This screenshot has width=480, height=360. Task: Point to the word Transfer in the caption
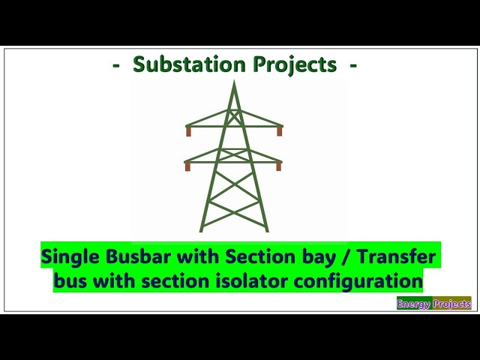(x=395, y=256)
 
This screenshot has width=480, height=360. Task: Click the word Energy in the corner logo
(x=414, y=304)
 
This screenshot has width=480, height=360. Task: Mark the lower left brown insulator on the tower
(x=187, y=166)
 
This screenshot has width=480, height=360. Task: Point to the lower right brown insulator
(x=278, y=166)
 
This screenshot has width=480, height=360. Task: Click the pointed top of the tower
(x=234, y=82)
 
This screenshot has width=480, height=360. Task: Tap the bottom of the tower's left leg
(x=202, y=229)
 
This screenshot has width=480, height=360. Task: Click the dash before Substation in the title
(x=116, y=66)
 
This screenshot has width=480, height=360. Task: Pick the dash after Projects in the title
(x=352, y=66)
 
